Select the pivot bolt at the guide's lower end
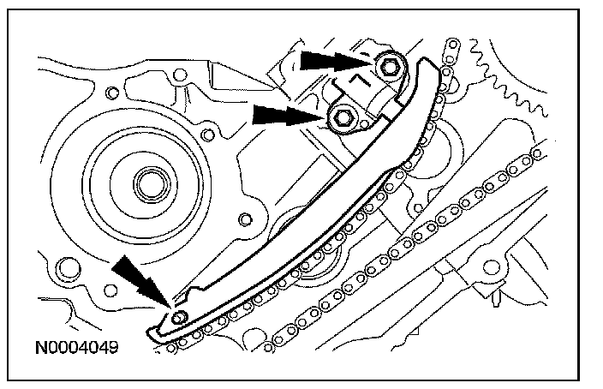pyautogui.click(x=178, y=318)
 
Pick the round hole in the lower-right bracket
pyautogui.click(x=492, y=268)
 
